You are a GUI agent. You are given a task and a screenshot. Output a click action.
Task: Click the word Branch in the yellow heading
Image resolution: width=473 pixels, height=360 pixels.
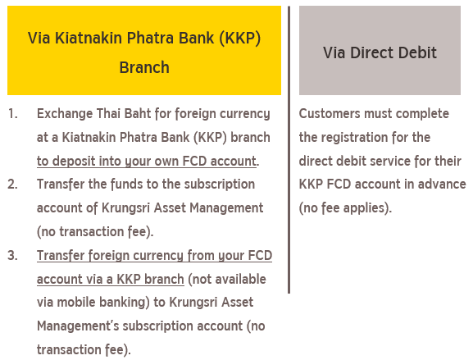144,67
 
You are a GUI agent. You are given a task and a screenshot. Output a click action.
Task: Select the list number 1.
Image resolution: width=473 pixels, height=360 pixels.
12,114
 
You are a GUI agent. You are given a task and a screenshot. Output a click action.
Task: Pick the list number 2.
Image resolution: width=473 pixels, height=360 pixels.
12,185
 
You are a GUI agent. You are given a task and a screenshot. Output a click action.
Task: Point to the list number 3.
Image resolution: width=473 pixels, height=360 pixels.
12,256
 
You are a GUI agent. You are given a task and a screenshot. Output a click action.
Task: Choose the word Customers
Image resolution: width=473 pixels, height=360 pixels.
330,114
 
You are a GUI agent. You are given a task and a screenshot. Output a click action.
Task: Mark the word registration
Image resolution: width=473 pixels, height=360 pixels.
354,138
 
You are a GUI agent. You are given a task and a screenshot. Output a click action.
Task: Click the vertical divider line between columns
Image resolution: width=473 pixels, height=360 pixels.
289,150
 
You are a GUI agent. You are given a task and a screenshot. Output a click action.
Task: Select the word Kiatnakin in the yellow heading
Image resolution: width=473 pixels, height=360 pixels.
89,38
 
